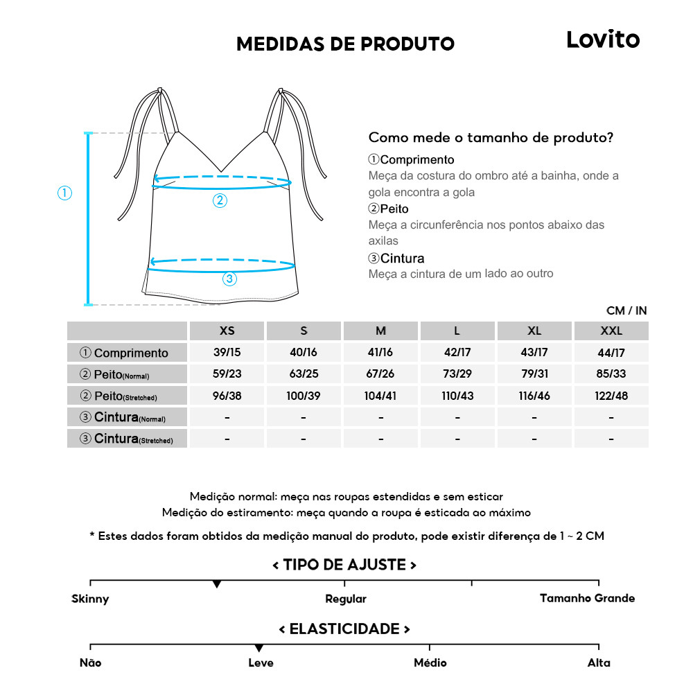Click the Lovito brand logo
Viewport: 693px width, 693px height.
click(x=603, y=39)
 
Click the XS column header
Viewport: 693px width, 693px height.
click(x=227, y=331)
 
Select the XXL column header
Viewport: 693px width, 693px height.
click(x=611, y=331)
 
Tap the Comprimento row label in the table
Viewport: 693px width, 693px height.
click(x=128, y=353)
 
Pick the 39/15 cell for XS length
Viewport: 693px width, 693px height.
click(x=227, y=353)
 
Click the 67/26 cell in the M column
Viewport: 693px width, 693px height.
click(x=380, y=374)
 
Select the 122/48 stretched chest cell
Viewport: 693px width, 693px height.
click(x=611, y=396)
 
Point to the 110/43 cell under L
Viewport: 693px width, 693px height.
click(x=457, y=396)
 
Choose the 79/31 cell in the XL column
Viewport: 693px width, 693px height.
click(x=534, y=374)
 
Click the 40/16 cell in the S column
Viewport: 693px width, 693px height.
click(x=304, y=353)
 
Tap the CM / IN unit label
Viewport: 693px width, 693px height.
click(x=626, y=310)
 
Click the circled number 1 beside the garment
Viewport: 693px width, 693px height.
click(x=64, y=193)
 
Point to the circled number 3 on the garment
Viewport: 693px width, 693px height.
click(x=229, y=279)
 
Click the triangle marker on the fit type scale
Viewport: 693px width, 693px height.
click(x=217, y=585)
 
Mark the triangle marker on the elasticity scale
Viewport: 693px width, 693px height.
click(x=258, y=648)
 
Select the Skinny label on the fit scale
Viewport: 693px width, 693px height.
click(x=90, y=599)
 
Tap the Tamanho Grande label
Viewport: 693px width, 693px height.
click(x=587, y=598)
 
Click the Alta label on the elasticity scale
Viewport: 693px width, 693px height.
click(x=599, y=663)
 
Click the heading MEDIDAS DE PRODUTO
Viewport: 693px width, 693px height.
click(x=345, y=44)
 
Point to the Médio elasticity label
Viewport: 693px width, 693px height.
click(x=430, y=663)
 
